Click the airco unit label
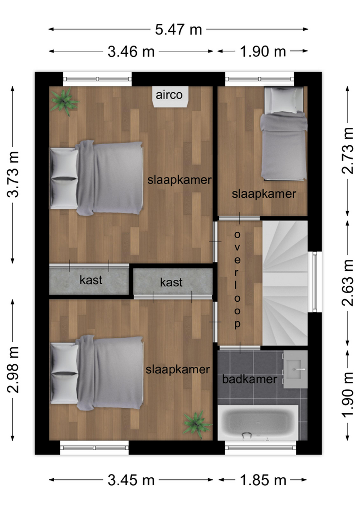pyautogui.click(x=169, y=95)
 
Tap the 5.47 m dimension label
pyautogui.click(x=178, y=30)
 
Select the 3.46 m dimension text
pyautogui.click(x=131, y=51)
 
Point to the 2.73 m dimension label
pyautogui.click(x=348, y=151)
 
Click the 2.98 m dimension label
pyautogui.click(x=13, y=370)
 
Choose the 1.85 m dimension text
pyautogui.click(x=263, y=480)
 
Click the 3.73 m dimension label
pyautogui.click(x=13, y=174)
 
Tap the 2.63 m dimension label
pyautogui.click(x=348, y=283)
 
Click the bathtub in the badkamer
pyautogui.click(x=258, y=423)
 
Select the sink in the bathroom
pyautogui.click(x=295, y=370)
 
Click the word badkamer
pyautogui.click(x=249, y=379)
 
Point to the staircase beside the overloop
pyautogui.click(x=285, y=283)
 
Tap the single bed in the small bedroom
pyautogui.click(x=284, y=134)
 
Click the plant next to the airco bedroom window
pyautogui.click(x=65, y=101)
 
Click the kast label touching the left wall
pyautogui.click(x=91, y=280)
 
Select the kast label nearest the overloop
pyautogui.click(x=171, y=283)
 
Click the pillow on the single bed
pyautogui.click(x=284, y=100)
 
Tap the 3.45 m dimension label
pyautogui.click(x=131, y=480)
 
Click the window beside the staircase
pyautogui.click(x=314, y=282)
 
